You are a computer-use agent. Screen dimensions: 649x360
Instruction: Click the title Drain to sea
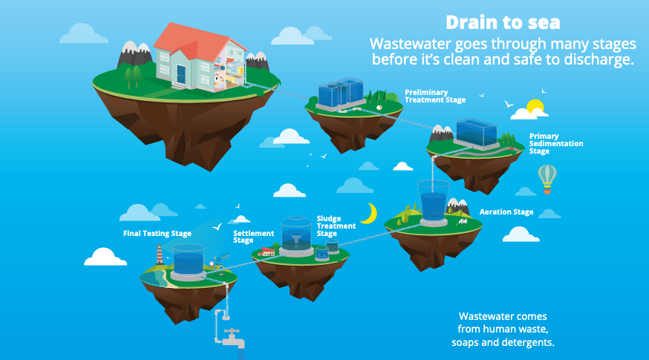point(503,23)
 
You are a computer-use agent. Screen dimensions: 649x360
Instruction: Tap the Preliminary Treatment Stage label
point(435,96)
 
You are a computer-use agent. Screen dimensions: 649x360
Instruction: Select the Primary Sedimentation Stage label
point(556,143)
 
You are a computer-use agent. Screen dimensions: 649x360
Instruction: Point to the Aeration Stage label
point(506,212)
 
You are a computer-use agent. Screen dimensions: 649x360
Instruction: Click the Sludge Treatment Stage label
point(336,226)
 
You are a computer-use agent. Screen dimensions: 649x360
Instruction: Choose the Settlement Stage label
point(253,237)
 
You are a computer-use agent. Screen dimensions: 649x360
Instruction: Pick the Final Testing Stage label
point(157,233)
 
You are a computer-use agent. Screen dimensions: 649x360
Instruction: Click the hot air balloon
point(547,179)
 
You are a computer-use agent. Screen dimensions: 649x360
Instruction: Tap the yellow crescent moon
point(371,214)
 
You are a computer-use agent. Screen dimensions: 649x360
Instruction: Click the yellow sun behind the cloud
point(534,105)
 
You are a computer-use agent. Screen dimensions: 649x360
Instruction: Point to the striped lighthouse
point(160,254)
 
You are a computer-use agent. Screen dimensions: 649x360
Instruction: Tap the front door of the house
point(181,74)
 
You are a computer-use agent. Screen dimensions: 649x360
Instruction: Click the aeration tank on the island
point(434,203)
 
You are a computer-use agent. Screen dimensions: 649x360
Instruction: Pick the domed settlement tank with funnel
point(296,236)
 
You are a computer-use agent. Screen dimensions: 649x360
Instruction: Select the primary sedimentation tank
point(477,133)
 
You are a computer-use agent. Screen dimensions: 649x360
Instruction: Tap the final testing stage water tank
point(188,262)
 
